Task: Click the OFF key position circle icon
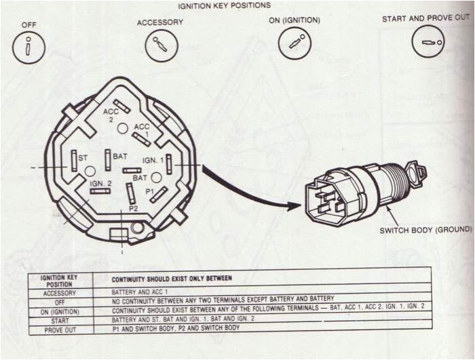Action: [28, 47]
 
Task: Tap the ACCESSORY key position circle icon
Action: [161, 45]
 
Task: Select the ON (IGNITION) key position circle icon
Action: [294, 43]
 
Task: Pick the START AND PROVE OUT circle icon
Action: [428, 41]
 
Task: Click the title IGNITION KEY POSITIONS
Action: [224, 5]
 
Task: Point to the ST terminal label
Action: [83, 158]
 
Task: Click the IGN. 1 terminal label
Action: [153, 160]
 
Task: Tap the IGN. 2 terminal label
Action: [100, 183]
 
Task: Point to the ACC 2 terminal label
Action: [111, 115]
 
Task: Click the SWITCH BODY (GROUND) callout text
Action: [426, 230]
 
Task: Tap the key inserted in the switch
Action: [417, 173]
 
